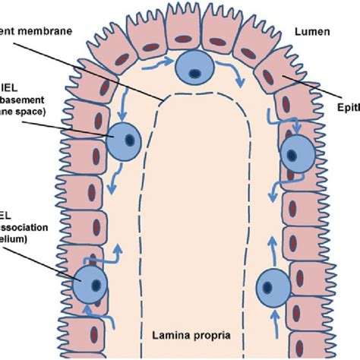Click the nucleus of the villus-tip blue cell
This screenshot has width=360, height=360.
195,74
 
